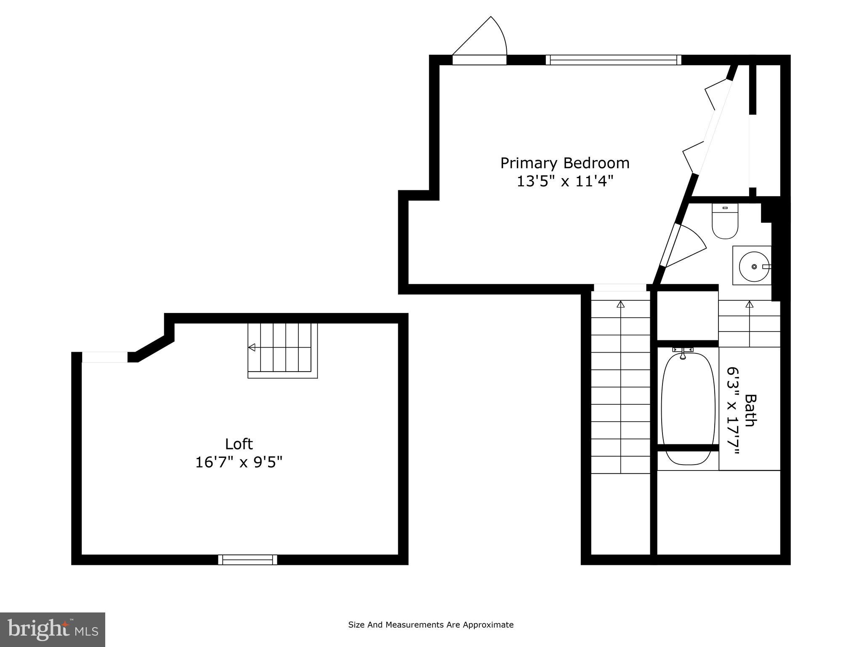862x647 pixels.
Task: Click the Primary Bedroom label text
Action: pyautogui.click(x=565, y=163)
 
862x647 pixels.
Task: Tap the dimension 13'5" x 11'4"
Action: pyautogui.click(x=565, y=182)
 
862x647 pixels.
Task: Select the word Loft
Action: pyautogui.click(x=239, y=444)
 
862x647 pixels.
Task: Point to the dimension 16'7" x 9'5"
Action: pyautogui.click(x=239, y=463)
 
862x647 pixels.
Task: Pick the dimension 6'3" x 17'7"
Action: pyautogui.click(x=733, y=411)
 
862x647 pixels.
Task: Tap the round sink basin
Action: pyautogui.click(x=754, y=267)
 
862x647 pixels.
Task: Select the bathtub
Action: pyautogui.click(x=688, y=409)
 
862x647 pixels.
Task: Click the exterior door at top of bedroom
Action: pyautogui.click(x=479, y=60)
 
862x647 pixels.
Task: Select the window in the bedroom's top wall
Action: pyautogui.click(x=613, y=60)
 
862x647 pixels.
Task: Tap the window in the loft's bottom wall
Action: pyautogui.click(x=247, y=559)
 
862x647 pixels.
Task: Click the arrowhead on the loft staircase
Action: pyautogui.click(x=252, y=348)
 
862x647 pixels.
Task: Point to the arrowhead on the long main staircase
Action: pyautogui.click(x=621, y=304)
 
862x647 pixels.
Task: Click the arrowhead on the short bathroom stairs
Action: pyautogui.click(x=749, y=304)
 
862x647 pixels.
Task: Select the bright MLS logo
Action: pyautogui.click(x=53, y=629)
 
